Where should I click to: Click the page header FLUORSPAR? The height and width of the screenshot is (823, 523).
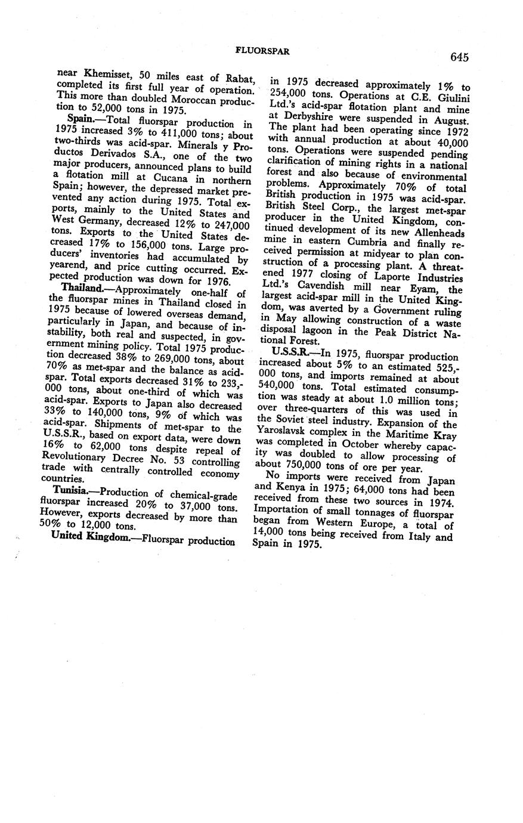pos(263,52)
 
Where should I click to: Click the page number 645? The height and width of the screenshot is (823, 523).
pos(460,57)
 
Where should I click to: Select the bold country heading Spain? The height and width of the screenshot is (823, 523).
pos(83,120)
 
